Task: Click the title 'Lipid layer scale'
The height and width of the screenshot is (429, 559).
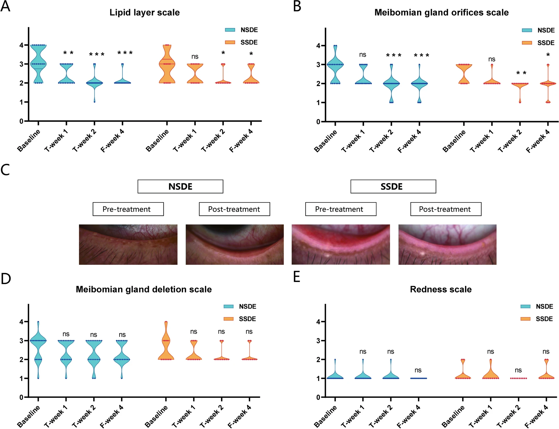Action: (145, 13)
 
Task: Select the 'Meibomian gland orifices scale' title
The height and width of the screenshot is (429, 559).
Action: (441, 13)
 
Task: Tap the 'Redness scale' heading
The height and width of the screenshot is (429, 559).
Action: (441, 289)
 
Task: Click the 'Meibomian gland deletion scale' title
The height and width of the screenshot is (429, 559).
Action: (144, 289)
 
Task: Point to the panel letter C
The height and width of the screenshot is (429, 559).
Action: (5, 170)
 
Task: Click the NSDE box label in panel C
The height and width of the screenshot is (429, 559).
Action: (180, 187)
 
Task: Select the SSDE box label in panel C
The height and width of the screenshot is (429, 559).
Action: (393, 187)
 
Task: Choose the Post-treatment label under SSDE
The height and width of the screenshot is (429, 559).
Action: (446, 209)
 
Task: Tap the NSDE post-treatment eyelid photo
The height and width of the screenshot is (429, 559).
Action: (235, 244)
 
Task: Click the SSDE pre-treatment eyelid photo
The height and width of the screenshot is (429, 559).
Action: (340, 244)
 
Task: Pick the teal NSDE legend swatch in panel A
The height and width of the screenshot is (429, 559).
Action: (230, 30)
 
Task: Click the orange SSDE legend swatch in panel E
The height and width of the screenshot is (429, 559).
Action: (525, 319)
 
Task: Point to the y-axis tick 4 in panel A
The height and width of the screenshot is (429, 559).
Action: (21, 45)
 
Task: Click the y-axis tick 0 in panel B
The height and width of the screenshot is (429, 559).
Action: (318, 122)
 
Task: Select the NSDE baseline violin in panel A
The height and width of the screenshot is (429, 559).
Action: (38, 64)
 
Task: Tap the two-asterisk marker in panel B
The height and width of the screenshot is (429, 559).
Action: (521, 73)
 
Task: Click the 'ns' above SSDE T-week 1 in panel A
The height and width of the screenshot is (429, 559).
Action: (195, 57)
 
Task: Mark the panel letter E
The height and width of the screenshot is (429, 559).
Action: (297, 277)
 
